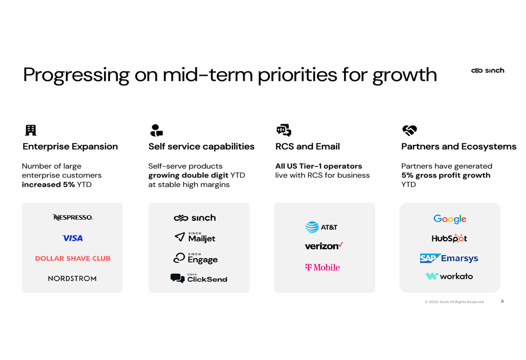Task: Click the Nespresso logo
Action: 73,217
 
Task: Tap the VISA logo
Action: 73,238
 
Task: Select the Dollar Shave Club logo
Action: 73,259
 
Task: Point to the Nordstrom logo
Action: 72,279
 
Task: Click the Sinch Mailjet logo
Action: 195,238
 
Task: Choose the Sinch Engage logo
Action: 195,259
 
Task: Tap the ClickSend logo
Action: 199,278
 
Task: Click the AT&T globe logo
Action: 312,227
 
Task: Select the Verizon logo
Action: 323,246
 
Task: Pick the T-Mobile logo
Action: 323,267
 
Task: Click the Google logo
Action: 450,219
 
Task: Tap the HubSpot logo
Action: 449,238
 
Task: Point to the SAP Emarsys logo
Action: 449,258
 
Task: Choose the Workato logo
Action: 449,276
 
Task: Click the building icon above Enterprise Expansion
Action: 31,130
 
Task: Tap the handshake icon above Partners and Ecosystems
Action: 409,130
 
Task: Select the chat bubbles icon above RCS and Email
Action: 284,130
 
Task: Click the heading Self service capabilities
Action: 201,147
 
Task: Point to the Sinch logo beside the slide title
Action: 488,70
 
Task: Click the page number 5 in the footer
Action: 502,301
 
